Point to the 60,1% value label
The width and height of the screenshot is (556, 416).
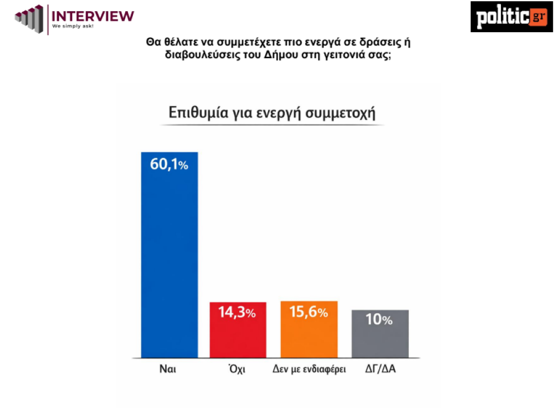pos(169,164)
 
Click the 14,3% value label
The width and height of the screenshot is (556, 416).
pos(237,313)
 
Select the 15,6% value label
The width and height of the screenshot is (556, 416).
pos(309,312)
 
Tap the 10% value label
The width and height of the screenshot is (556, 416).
pos(380,320)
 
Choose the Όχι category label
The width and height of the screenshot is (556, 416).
pos(237,369)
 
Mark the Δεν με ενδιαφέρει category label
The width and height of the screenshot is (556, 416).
pos(309,369)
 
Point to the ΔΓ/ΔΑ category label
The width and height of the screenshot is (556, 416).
pos(380,369)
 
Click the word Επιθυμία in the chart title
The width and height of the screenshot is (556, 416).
pos(197,113)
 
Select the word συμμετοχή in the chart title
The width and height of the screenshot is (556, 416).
pos(345,113)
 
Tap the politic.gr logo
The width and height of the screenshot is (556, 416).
pos(511,17)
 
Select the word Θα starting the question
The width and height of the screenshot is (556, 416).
pos(152,42)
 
